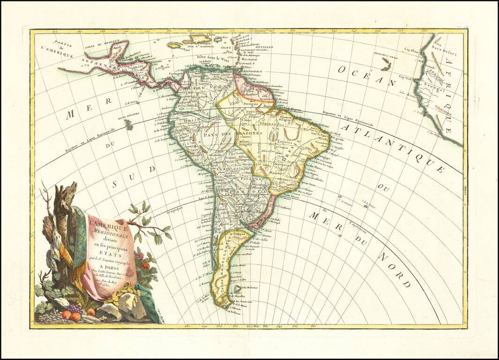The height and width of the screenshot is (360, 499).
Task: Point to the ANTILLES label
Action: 254,47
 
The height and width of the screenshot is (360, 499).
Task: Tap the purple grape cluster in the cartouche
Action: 74,309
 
